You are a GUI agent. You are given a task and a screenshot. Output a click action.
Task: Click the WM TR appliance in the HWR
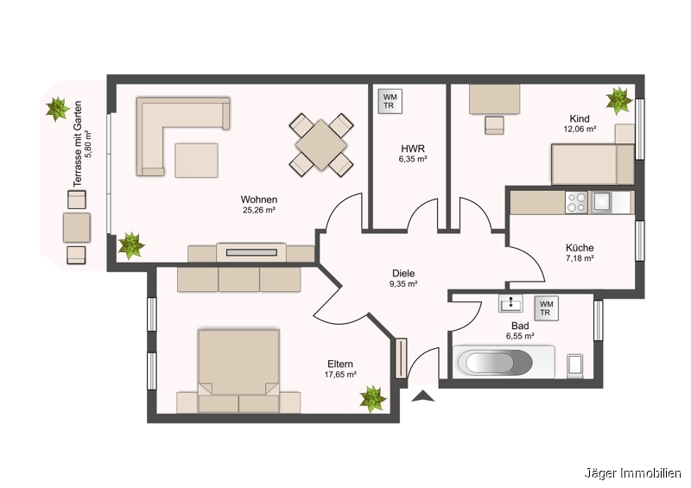(390, 101)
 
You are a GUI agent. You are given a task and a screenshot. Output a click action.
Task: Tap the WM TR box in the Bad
(547, 308)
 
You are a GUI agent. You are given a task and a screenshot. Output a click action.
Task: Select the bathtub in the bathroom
(504, 363)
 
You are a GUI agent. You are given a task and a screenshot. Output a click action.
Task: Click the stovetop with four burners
(577, 202)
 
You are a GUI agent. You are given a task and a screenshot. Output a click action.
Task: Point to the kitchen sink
(601, 202)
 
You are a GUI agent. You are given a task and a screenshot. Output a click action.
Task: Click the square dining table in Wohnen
(321, 144)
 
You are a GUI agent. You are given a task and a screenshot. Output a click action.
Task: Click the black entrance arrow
(422, 396)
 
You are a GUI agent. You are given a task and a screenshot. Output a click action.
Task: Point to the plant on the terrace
(58, 109)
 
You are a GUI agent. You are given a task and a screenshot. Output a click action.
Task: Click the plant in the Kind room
(618, 100)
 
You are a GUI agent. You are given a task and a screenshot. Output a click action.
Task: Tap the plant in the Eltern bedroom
(373, 398)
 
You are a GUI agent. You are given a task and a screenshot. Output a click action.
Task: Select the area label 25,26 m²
(259, 210)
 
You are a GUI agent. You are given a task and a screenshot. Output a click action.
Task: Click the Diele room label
(403, 274)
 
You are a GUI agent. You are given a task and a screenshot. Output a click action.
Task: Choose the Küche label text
(580, 248)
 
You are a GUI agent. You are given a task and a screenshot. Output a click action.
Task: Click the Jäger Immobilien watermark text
(633, 473)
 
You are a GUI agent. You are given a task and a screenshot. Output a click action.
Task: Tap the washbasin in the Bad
(510, 303)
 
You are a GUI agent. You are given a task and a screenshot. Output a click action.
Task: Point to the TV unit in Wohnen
(251, 252)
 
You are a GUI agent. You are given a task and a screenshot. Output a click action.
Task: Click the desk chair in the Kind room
(494, 125)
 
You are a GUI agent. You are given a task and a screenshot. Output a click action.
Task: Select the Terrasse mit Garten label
(78, 144)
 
